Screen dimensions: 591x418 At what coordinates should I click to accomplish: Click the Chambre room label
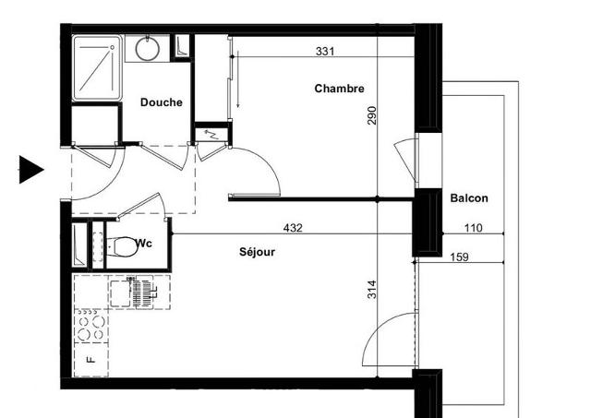click(339, 89)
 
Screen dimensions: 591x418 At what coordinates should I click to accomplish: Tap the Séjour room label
click(257, 252)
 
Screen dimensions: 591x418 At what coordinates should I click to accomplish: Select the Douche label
click(162, 102)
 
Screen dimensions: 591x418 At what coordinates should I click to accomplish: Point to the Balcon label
click(469, 198)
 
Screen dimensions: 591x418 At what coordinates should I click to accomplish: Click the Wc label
click(144, 244)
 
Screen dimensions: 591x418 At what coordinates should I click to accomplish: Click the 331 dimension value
click(325, 52)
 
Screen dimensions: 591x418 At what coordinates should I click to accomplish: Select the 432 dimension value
click(293, 228)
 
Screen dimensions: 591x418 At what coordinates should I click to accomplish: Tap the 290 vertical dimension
click(371, 115)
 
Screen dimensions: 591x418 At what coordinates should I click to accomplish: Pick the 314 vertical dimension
click(371, 289)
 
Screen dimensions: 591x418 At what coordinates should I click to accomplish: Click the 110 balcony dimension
click(473, 228)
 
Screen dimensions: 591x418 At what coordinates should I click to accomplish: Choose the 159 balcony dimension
click(460, 257)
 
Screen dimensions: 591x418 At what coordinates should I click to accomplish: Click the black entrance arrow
click(31, 170)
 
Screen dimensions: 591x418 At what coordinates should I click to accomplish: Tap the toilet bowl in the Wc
click(121, 246)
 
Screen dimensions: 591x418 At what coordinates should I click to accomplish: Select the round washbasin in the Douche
click(148, 49)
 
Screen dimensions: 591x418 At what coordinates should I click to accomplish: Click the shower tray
click(97, 68)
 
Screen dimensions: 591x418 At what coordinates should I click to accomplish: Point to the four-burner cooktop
click(91, 326)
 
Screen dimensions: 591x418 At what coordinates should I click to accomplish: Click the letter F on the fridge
click(90, 360)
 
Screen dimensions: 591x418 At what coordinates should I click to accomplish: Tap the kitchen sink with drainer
click(140, 293)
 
